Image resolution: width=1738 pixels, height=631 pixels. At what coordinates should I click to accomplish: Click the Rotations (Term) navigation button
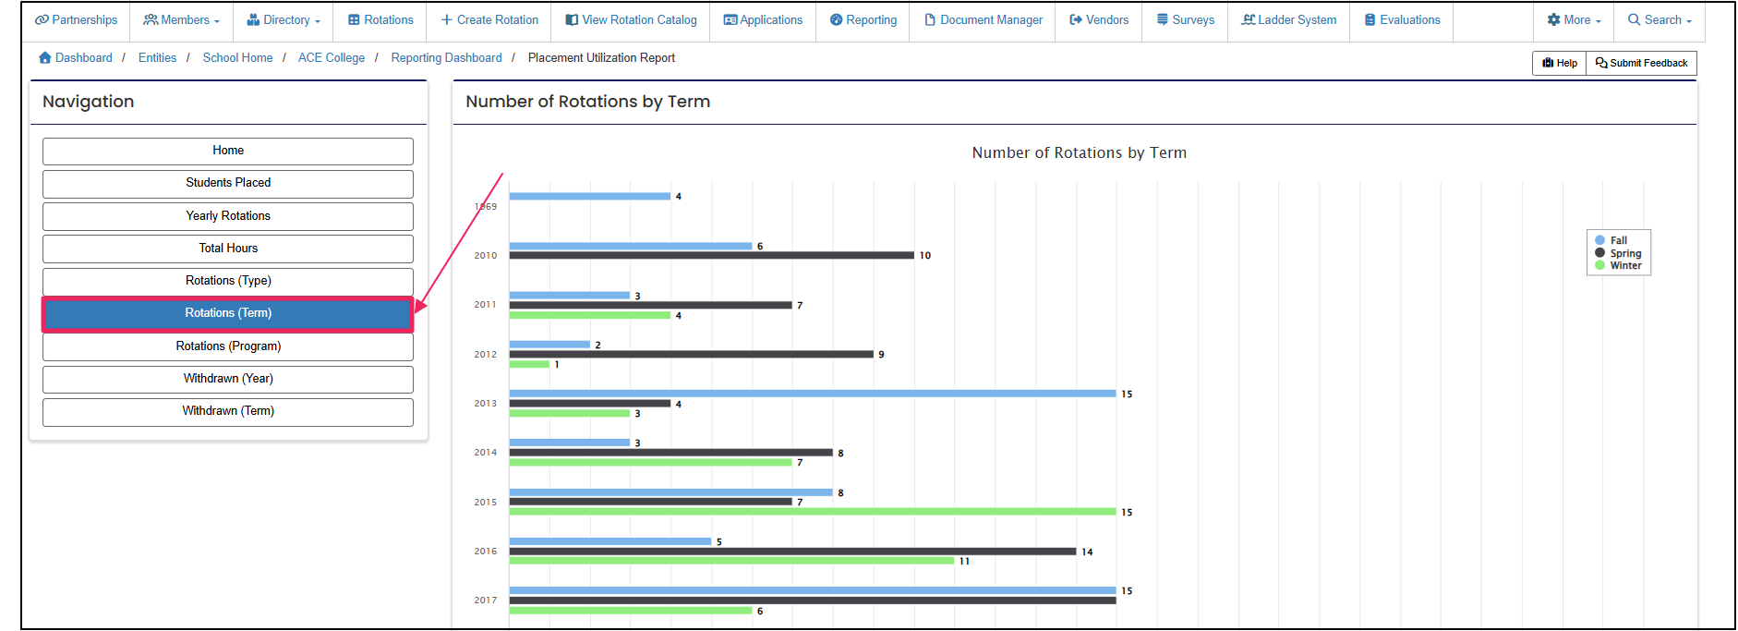pyautogui.click(x=228, y=313)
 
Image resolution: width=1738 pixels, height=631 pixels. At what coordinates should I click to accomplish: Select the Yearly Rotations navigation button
pyautogui.click(x=228, y=216)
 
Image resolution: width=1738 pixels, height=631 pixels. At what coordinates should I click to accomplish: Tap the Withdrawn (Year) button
pyautogui.click(x=228, y=379)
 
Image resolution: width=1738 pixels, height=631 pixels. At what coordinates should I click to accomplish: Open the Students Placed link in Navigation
pyautogui.click(x=228, y=183)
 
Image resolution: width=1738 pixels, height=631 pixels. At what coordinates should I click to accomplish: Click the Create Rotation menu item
pyautogui.click(x=489, y=20)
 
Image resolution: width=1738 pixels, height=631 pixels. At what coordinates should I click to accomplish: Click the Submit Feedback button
pyautogui.click(x=1641, y=63)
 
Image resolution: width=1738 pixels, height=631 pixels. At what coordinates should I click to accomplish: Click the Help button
pyautogui.click(x=1560, y=63)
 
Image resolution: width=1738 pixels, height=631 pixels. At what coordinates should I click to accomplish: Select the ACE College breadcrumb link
pyautogui.click(x=331, y=58)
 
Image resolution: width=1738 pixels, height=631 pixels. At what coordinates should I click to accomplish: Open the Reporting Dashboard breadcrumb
pyautogui.click(x=446, y=58)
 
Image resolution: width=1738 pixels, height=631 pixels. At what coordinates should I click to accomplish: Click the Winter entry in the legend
pyautogui.click(x=1624, y=266)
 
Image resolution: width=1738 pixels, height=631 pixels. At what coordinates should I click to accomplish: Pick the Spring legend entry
pyautogui.click(x=1624, y=253)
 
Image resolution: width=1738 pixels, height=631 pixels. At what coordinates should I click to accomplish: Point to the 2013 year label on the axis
pyautogui.click(x=485, y=404)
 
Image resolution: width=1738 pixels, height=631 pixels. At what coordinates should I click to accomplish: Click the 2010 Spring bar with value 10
pyautogui.click(x=711, y=256)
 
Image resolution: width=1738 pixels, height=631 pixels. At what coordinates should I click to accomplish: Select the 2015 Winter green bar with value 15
pyautogui.click(x=813, y=512)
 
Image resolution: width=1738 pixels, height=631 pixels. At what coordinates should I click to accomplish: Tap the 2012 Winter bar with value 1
pyautogui.click(x=529, y=364)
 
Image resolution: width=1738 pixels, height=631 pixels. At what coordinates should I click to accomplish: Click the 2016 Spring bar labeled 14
pyautogui.click(x=792, y=552)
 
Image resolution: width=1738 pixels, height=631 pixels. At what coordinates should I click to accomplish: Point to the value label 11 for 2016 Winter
pyautogui.click(x=964, y=562)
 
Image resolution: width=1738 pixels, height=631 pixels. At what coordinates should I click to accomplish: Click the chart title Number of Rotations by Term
pyautogui.click(x=1079, y=153)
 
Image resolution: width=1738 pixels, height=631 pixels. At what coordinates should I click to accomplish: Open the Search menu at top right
pyautogui.click(x=1660, y=20)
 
